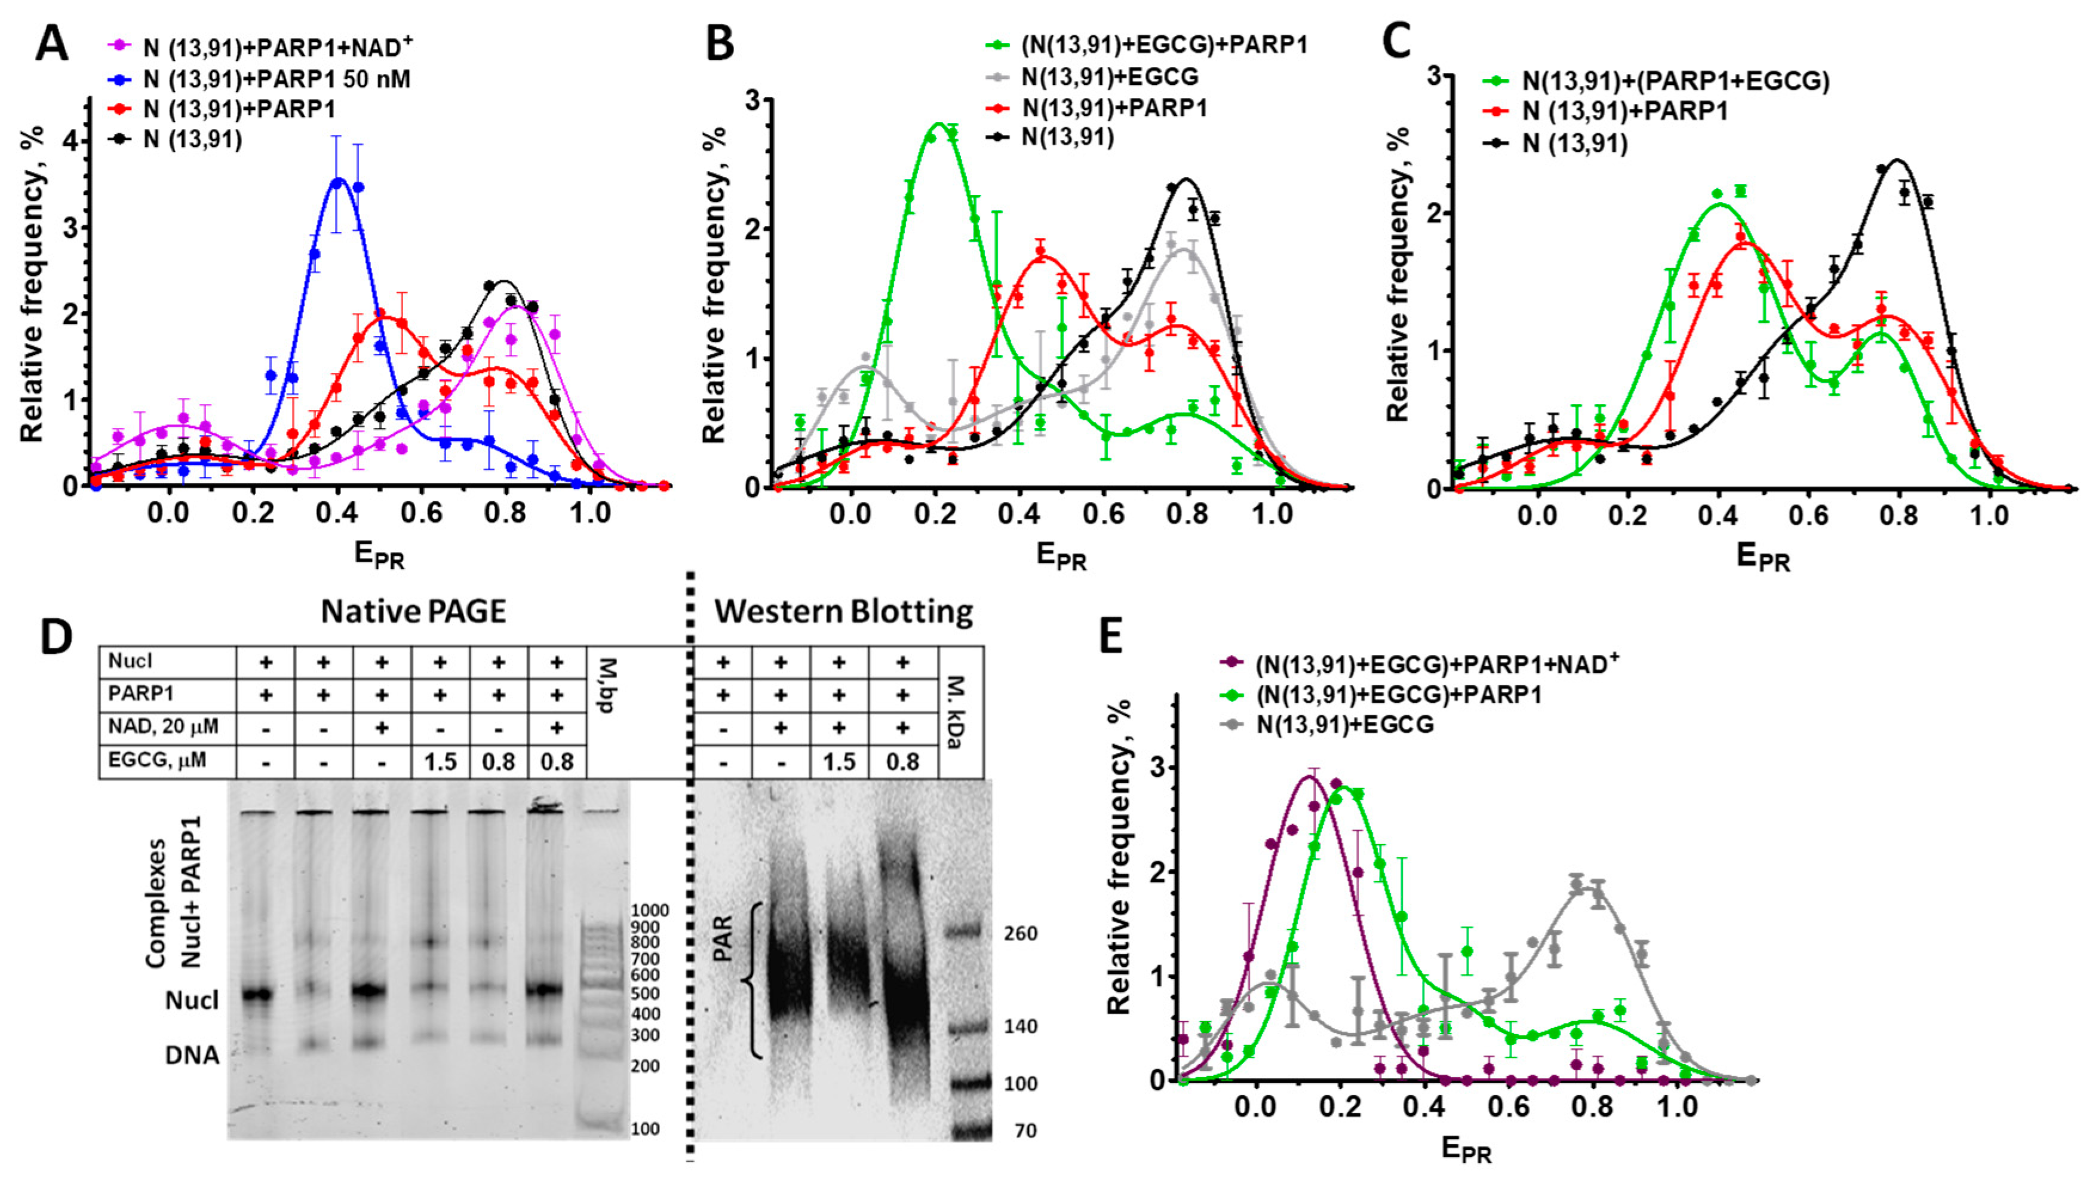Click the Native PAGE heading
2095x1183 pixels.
tap(413, 610)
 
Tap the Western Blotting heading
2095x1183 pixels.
tap(843, 610)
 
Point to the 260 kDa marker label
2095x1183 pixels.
tap(1021, 933)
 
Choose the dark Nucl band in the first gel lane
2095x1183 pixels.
tap(259, 994)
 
